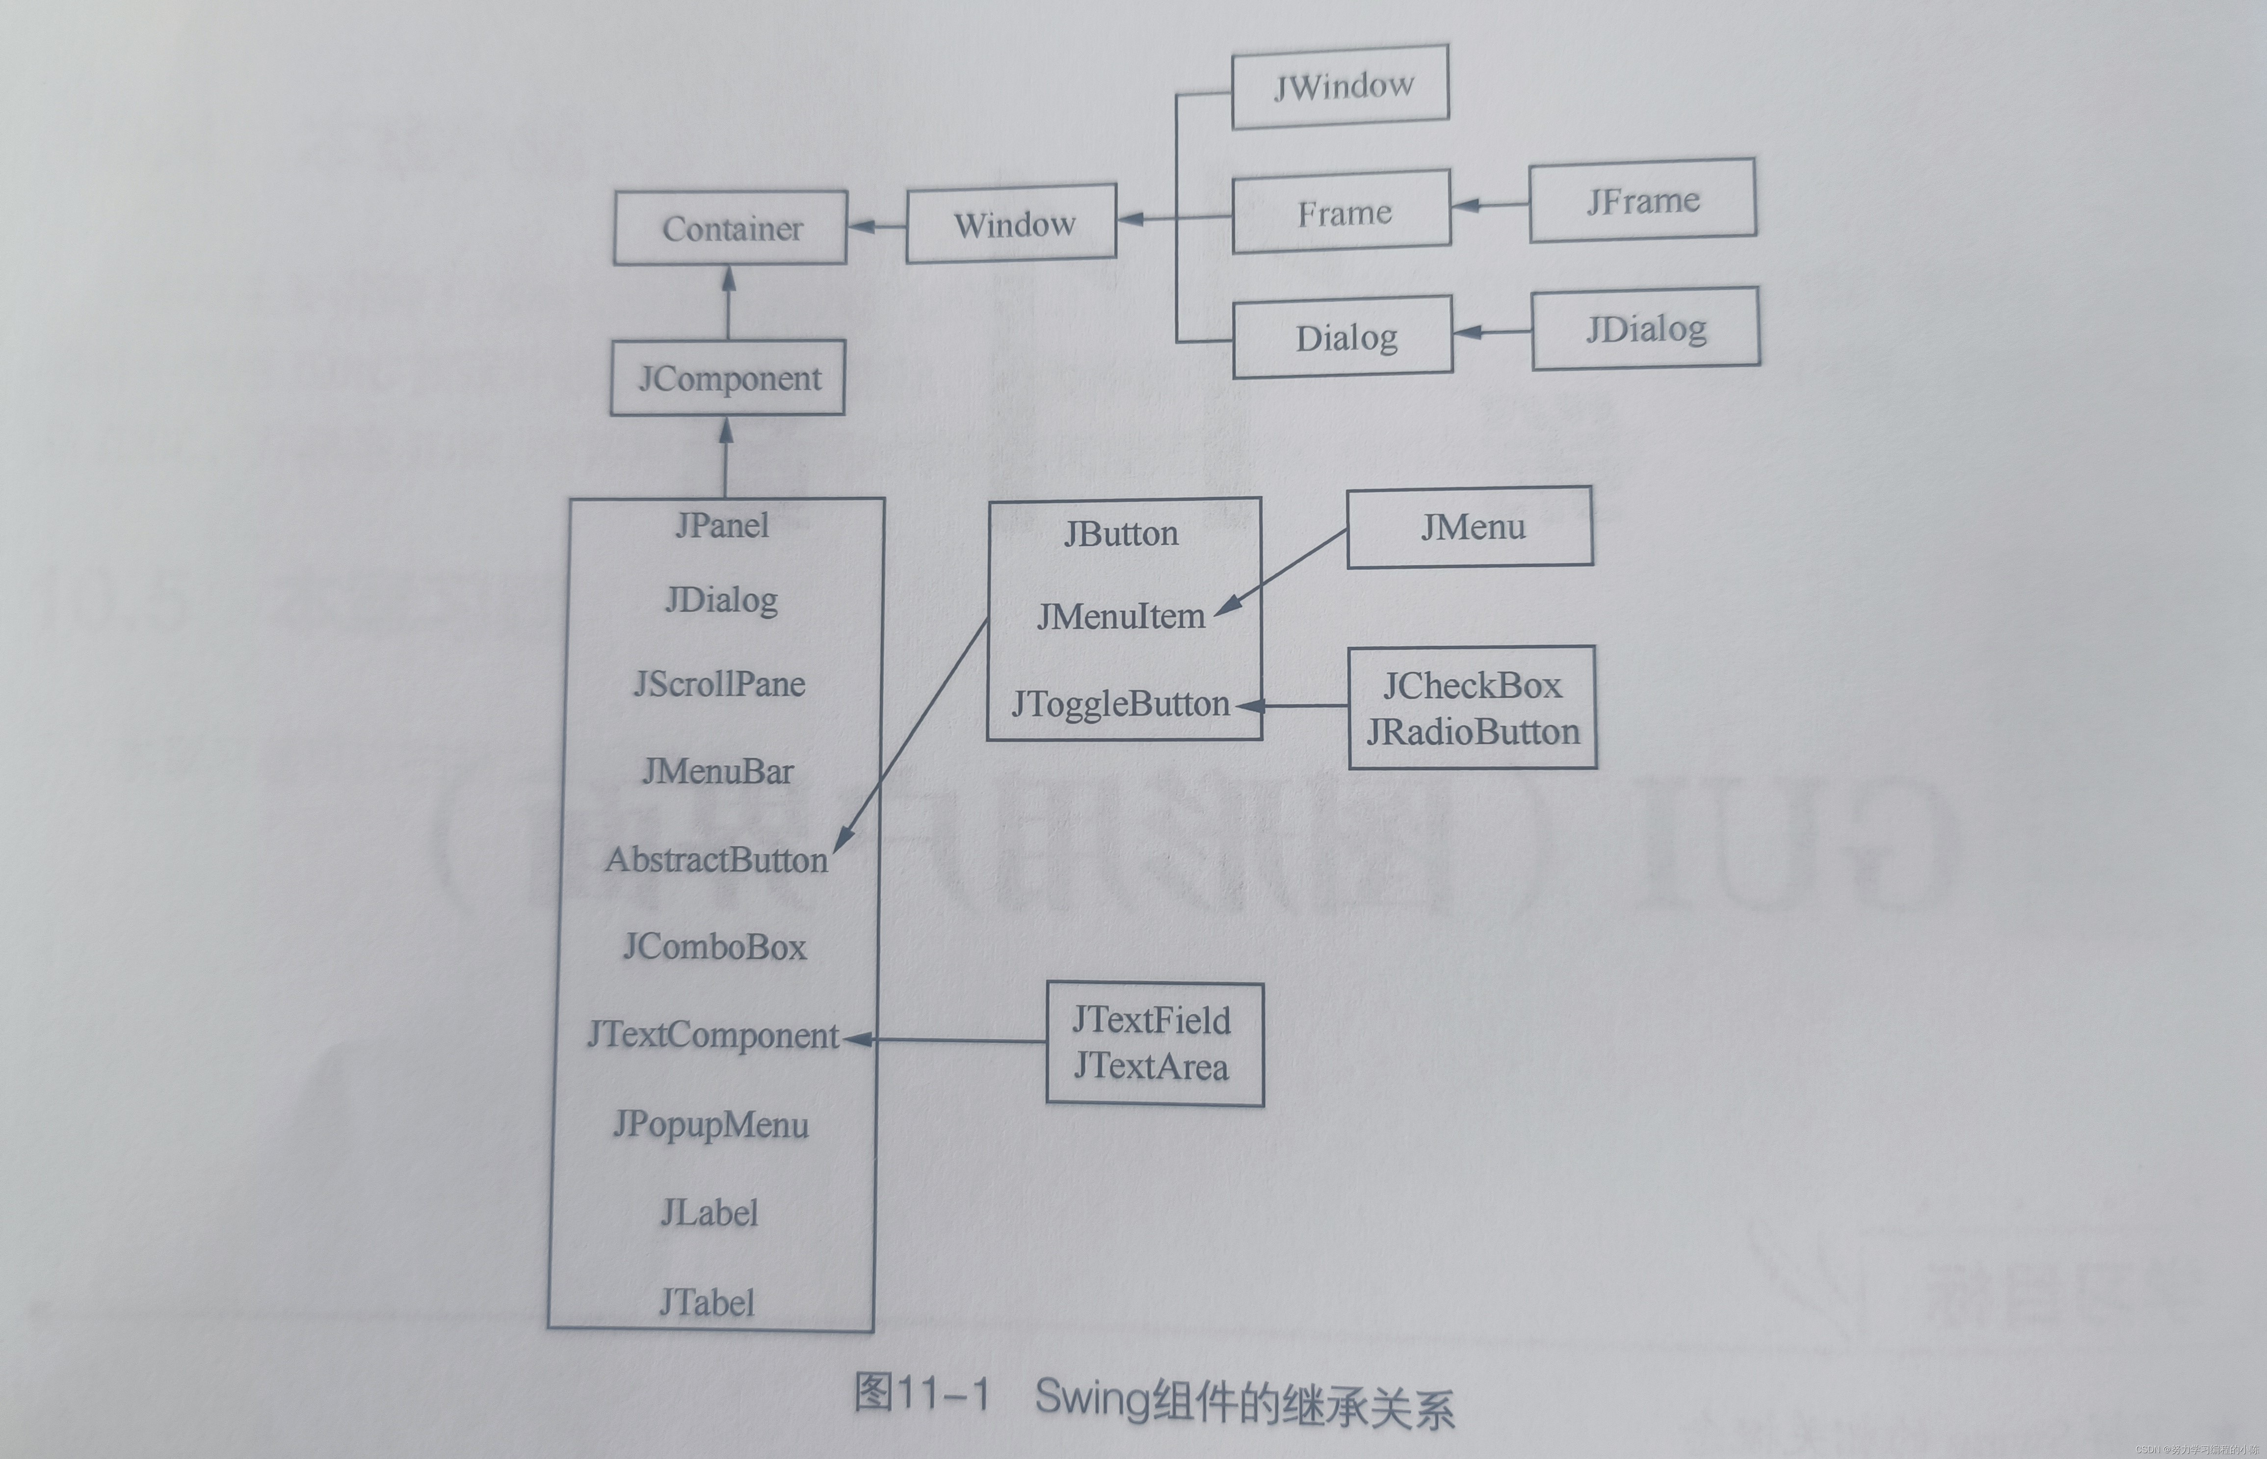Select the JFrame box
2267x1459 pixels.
[1642, 200]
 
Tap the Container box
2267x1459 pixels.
[731, 227]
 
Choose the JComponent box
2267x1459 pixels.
[728, 378]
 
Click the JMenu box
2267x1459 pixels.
[1469, 527]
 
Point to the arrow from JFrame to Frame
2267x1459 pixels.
[1489, 204]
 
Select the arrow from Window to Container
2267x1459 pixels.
[876, 225]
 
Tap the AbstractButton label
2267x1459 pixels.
[716, 859]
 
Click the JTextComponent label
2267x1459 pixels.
[712, 1035]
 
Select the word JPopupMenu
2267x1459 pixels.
[711, 1125]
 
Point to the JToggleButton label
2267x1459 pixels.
[1121, 704]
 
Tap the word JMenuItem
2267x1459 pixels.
[1121, 617]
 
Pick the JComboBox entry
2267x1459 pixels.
[714, 947]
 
